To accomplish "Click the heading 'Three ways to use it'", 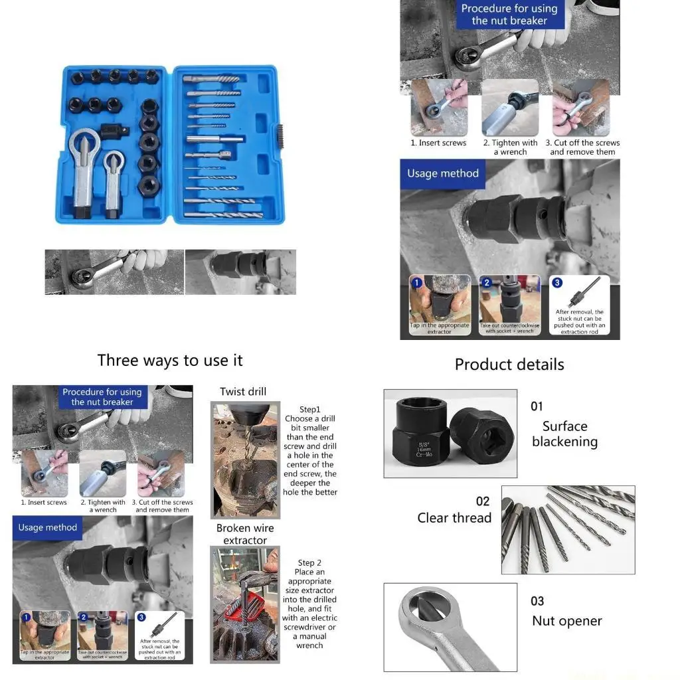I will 170,361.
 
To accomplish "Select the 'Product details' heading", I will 509,365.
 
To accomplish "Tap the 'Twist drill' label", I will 243,392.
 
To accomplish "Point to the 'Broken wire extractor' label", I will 244,534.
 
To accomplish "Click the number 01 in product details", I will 537,406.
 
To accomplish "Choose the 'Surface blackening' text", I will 564,434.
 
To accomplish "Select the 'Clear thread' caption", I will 454,518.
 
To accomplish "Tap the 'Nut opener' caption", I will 566,621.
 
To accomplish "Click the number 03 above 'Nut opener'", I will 537,601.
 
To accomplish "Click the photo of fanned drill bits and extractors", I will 568,529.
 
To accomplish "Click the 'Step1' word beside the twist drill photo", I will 309,409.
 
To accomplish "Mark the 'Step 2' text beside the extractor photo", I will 309,562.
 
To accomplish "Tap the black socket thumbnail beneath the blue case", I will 240,272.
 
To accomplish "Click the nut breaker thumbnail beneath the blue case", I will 114,272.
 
